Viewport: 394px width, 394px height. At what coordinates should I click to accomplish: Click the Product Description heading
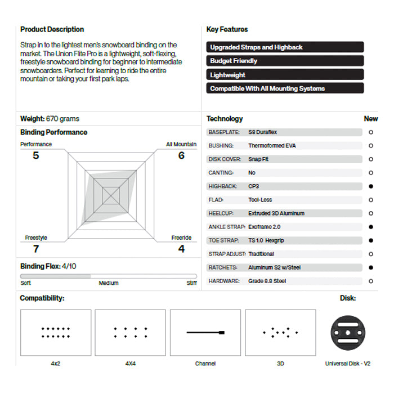(52, 29)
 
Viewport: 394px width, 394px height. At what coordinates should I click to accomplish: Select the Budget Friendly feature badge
(285, 61)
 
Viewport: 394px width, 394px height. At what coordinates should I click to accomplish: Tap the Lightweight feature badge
(285, 75)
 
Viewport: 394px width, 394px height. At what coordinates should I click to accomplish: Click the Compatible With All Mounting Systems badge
(285, 88)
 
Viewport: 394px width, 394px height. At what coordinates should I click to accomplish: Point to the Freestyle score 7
(36, 249)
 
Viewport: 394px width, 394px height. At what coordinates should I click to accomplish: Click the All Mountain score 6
(181, 155)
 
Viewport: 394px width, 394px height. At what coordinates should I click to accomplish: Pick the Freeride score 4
(181, 249)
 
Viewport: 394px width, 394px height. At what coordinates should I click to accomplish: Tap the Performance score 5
(36, 155)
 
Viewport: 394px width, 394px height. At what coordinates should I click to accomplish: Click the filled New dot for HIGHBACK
(371, 186)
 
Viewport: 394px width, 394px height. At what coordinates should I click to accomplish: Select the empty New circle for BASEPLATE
(371, 132)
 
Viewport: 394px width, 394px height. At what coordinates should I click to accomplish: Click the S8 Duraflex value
(262, 132)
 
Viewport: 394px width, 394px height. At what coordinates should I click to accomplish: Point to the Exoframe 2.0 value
(264, 227)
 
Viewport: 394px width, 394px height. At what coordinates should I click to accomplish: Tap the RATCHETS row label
(223, 267)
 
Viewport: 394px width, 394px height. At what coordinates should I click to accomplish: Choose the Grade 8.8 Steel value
(267, 281)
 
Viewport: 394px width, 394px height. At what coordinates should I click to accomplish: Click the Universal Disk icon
(347, 333)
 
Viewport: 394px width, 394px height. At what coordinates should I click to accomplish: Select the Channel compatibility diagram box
(205, 333)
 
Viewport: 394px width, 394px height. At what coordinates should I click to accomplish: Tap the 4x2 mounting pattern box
(55, 333)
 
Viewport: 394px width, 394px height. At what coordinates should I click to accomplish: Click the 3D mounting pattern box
(280, 333)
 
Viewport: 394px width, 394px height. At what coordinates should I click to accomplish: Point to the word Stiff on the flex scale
(191, 283)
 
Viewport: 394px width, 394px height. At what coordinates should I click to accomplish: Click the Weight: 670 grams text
(50, 119)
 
